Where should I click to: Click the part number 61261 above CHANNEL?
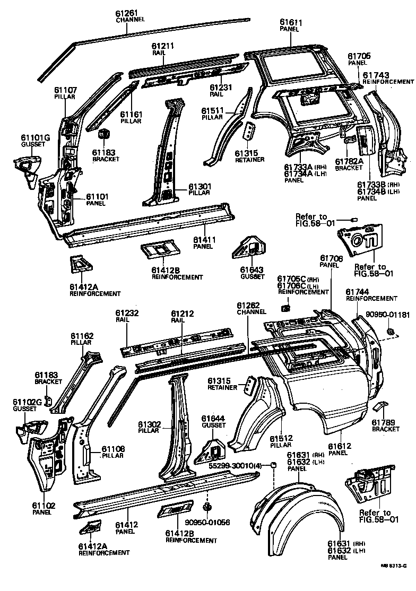coord(127,13)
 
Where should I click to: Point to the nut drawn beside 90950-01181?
coord(391,332)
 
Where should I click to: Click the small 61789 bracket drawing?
coord(380,407)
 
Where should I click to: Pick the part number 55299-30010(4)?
coord(235,465)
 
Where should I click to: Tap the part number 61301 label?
coord(201,187)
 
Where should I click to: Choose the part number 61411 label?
coord(204,239)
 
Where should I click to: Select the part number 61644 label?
coord(213,418)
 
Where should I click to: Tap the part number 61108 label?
coord(112,448)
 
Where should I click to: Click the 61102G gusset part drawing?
coord(31,428)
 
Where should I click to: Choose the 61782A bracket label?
coord(349,161)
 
